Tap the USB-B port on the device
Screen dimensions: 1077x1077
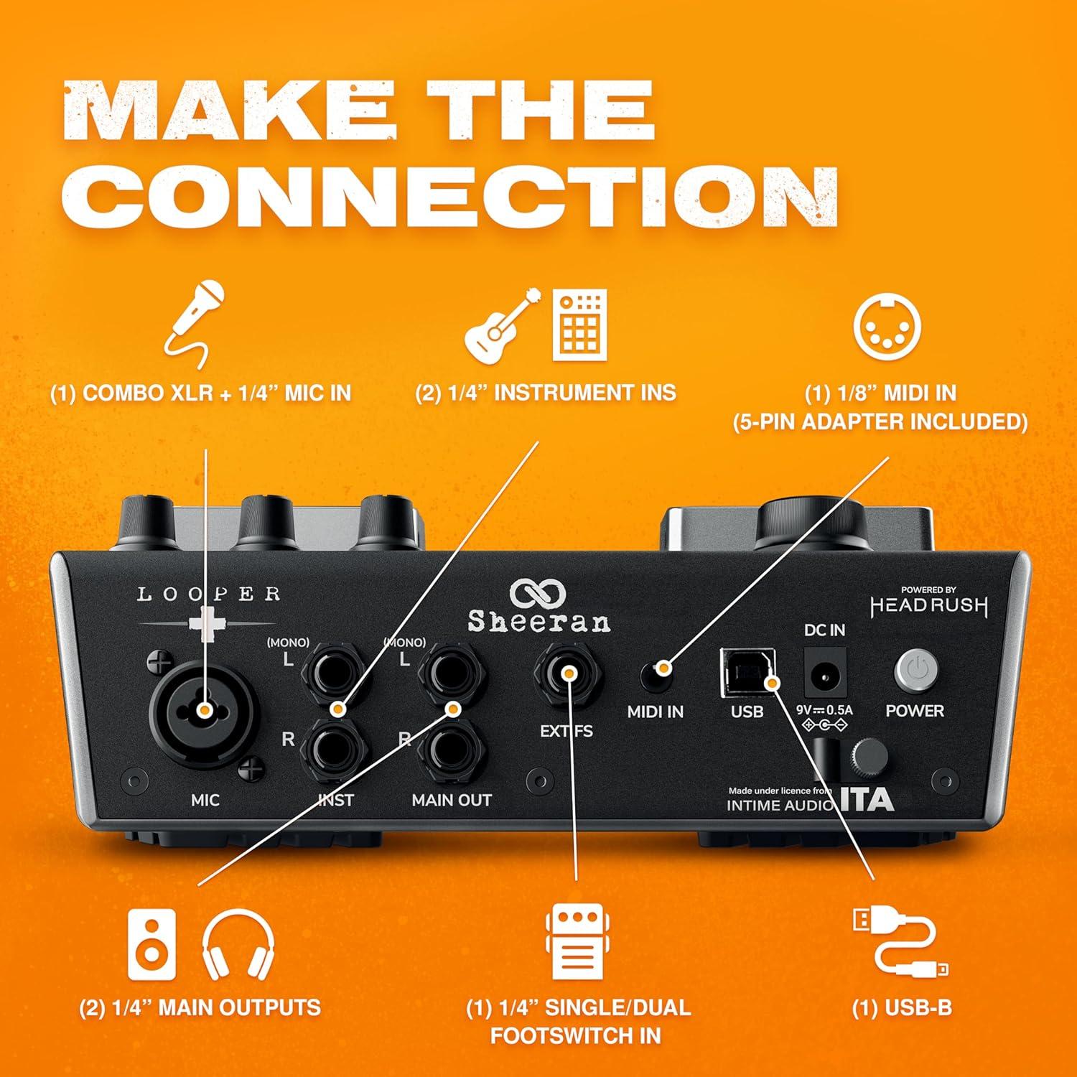(x=749, y=673)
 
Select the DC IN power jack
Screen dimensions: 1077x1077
(x=824, y=673)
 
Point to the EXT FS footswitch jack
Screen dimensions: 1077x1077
(x=568, y=673)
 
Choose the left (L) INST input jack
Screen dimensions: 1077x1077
(x=335, y=673)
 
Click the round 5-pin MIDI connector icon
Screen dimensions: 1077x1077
(x=887, y=325)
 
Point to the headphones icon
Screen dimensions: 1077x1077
(x=238, y=944)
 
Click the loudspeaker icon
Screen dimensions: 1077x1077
(x=151, y=944)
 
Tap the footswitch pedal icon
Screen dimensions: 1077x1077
(x=577, y=942)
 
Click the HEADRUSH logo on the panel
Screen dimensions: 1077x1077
(x=928, y=605)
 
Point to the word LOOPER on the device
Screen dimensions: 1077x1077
(x=208, y=595)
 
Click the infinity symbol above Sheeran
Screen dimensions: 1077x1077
(x=538, y=593)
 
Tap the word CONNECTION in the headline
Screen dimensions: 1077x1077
(x=450, y=195)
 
